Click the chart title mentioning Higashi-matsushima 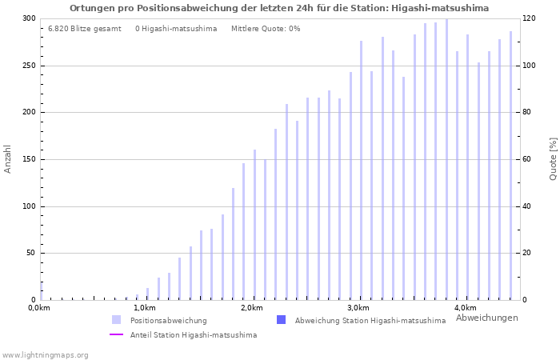click(279, 8)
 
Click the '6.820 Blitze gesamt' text click(84, 29)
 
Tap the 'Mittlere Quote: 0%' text click(266, 29)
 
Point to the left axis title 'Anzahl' click(8, 158)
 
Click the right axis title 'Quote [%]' click(553, 158)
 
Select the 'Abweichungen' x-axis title click(486, 318)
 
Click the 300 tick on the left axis click(29, 18)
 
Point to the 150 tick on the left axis click(29, 159)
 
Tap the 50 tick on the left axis click(31, 254)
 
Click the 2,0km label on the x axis click(251, 308)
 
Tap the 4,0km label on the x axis click(465, 308)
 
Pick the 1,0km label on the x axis click(145, 308)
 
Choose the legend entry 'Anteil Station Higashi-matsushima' click(193, 335)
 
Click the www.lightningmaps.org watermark click(45, 354)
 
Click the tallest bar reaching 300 click(446, 160)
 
